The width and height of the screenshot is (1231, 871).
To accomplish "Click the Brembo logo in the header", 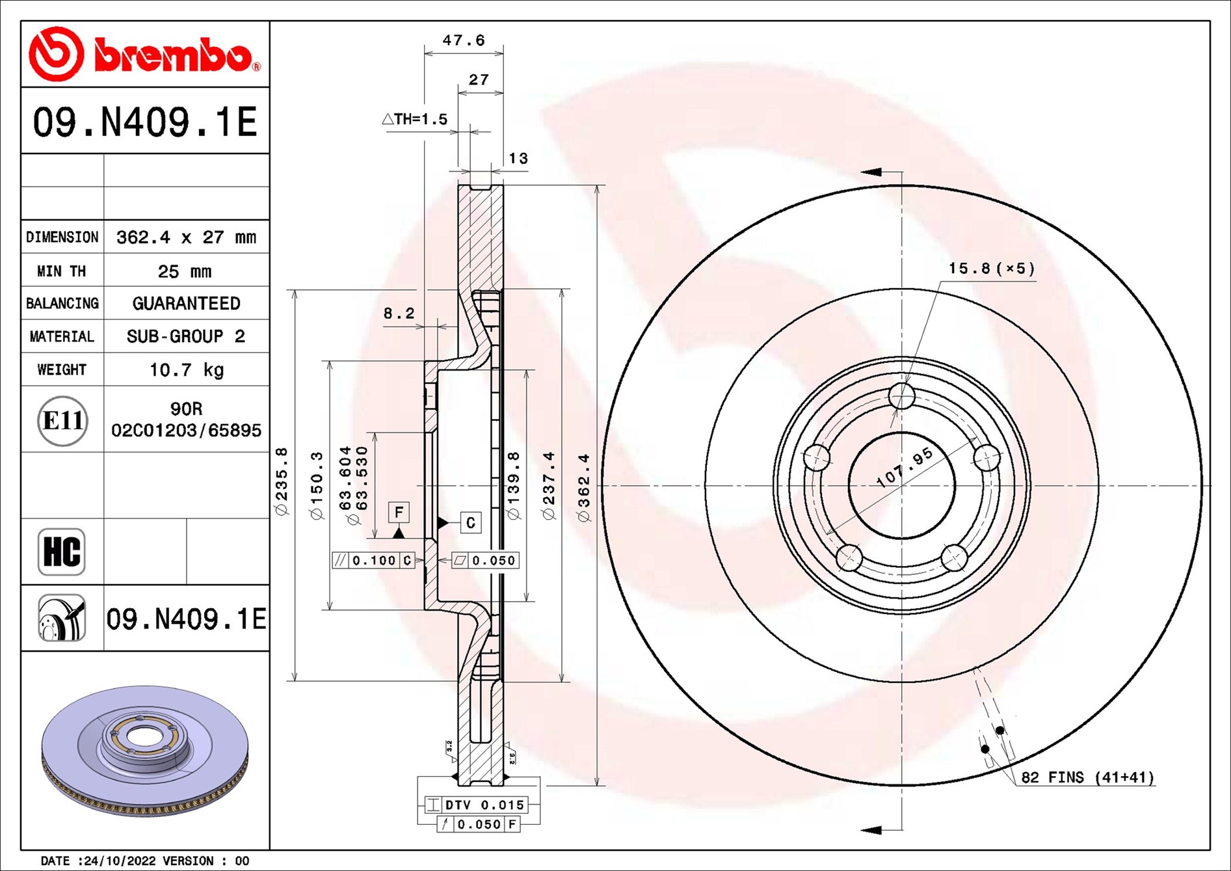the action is [x=144, y=54].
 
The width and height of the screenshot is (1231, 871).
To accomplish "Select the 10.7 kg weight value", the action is [x=187, y=369].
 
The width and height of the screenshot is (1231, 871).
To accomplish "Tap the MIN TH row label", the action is [x=62, y=271].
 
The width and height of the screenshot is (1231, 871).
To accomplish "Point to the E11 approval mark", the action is [x=62, y=420].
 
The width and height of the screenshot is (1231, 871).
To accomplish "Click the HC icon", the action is [x=62, y=552].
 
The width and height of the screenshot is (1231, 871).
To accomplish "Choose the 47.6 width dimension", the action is [x=464, y=40].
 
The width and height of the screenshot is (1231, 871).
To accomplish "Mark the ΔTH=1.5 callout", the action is [x=415, y=119].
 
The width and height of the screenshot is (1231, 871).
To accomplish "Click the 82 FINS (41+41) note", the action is [x=1087, y=777].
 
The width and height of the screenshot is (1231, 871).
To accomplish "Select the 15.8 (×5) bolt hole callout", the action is [x=991, y=268].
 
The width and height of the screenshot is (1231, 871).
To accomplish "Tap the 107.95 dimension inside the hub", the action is [x=905, y=467].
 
